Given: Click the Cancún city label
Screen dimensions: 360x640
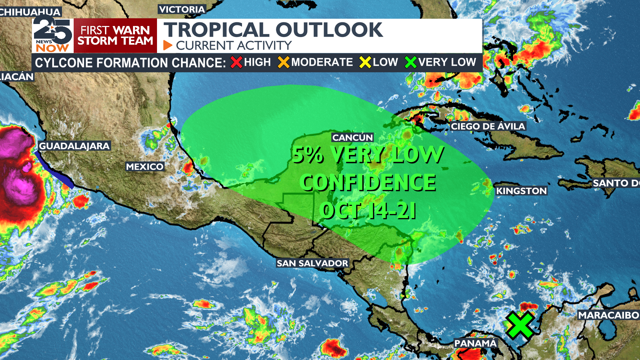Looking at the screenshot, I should point(352,137).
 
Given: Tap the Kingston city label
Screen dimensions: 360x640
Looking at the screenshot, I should point(521,191).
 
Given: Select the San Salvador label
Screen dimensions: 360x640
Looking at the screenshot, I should point(312,263).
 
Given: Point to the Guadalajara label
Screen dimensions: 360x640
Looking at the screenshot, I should point(74,146).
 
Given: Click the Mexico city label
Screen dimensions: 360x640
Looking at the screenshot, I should point(145,167).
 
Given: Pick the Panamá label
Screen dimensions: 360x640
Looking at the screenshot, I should point(475,343).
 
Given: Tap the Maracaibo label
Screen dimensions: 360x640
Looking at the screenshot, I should point(608,315).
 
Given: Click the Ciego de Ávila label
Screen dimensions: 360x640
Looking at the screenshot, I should point(488,126).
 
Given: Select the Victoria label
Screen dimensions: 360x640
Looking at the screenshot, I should point(182,9).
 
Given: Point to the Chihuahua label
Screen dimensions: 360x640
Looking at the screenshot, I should point(30,12).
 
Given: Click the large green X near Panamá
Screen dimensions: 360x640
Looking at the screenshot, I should point(520,325).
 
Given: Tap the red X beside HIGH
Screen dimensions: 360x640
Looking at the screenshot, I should point(236,62).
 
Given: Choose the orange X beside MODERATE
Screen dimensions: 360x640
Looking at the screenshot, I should point(284,62).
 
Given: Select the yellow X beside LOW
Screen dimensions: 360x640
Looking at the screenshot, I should point(365,62).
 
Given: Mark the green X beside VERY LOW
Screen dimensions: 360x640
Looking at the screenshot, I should point(411,62).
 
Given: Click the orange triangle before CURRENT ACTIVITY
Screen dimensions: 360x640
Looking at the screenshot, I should point(167,45).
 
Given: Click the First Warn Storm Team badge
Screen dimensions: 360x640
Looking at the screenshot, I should point(115,36).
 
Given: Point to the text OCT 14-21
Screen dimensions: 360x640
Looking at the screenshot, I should point(368,211).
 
